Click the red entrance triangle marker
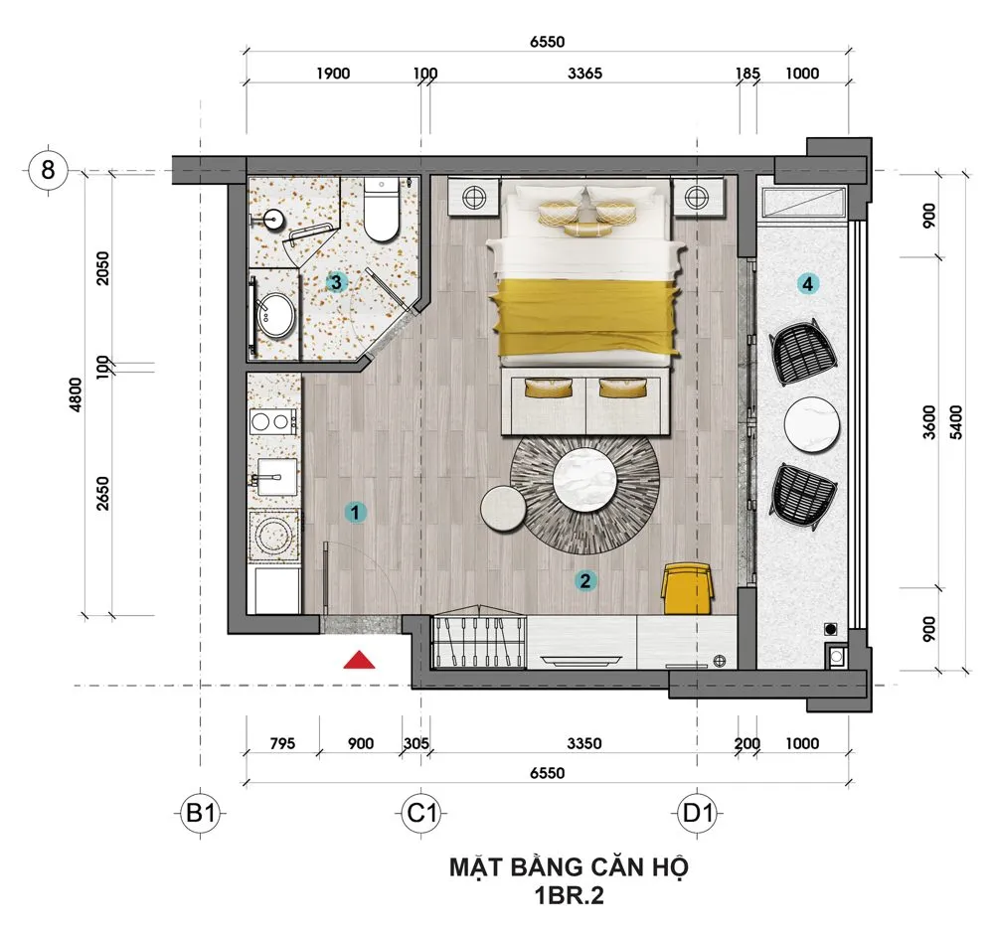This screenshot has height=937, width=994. click(359, 660)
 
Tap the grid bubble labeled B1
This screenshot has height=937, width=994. click(201, 813)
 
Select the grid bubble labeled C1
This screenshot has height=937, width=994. click(421, 813)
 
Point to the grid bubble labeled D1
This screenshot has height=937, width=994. click(698, 813)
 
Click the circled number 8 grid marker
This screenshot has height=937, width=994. click(48, 170)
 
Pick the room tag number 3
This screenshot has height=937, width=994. click(336, 282)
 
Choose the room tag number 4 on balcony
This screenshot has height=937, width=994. click(807, 284)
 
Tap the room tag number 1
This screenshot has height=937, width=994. click(355, 512)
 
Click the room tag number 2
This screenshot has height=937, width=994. click(584, 580)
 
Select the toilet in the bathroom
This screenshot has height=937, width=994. click(382, 209)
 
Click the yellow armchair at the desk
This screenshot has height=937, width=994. click(687, 589)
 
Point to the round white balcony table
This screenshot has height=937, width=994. click(811, 424)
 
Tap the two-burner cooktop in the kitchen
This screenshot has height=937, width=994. click(274, 421)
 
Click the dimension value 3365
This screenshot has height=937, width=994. click(584, 74)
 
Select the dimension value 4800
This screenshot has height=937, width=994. click(77, 394)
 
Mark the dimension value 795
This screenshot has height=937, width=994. click(282, 743)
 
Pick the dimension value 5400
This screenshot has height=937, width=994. click(956, 422)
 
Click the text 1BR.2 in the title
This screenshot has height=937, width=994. click(569, 896)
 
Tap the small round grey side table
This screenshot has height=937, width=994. click(503, 508)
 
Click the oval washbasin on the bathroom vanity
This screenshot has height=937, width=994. click(276, 314)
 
